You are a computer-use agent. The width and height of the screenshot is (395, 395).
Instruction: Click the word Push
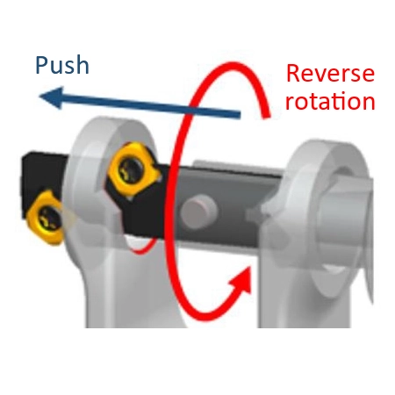pyautogui.click(x=62, y=65)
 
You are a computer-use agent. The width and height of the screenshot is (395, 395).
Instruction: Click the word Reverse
pyautogui.click(x=330, y=73)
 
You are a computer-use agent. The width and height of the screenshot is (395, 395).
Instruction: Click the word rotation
pyautogui.click(x=330, y=101)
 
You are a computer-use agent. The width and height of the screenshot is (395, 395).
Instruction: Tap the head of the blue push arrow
pyautogui.click(x=52, y=97)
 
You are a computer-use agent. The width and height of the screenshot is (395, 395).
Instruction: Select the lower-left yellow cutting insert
pyautogui.click(x=47, y=218)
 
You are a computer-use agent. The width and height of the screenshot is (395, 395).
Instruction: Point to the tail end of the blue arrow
pyautogui.click(x=240, y=115)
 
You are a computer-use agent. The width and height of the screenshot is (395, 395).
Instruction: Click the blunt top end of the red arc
pyautogui.click(x=266, y=116)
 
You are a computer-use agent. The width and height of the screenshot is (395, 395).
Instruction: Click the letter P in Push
pyautogui.click(x=41, y=65)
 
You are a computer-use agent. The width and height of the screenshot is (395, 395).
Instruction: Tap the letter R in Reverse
pyautogui.click(x=292, y=73)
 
